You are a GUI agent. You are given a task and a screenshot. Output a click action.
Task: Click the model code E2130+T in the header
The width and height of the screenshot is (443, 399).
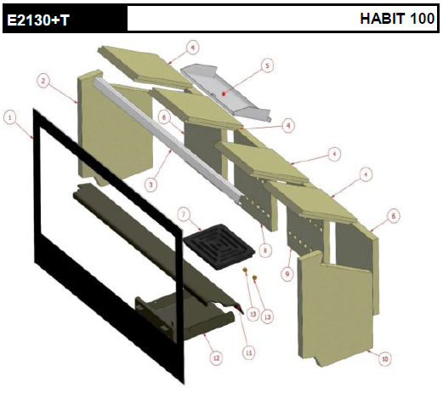click(38, 20)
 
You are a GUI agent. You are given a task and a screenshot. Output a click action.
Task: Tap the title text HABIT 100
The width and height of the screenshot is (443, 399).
click(397, 19)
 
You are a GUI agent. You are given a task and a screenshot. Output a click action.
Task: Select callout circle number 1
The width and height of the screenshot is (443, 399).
click(10, 117)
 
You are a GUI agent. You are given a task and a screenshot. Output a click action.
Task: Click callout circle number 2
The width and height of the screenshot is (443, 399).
click(43, 81)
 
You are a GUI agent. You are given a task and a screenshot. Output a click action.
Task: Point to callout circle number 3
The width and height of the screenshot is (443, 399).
click(151, 185)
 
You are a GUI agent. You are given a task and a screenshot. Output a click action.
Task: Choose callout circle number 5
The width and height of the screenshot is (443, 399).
click(267, 66)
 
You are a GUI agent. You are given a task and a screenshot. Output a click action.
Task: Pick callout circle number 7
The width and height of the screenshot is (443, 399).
click(184, 214)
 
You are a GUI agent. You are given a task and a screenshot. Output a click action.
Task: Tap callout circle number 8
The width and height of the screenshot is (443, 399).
click(265, 250)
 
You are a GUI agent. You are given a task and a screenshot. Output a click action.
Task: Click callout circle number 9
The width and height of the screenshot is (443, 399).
click(287, 274)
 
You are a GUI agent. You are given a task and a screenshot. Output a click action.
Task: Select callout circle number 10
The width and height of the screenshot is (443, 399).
click(384, 359)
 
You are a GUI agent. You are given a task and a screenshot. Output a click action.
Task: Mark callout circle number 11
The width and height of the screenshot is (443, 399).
click(249, 353)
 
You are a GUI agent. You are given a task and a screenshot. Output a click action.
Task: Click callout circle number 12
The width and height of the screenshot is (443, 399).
click(216, 358)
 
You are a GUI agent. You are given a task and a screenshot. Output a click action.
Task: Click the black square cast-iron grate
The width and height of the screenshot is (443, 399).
click(219, 247)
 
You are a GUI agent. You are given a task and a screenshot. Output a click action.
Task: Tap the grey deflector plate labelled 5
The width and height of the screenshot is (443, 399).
click(225, 92)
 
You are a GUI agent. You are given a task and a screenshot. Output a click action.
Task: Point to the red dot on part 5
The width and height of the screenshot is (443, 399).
click(224, 94)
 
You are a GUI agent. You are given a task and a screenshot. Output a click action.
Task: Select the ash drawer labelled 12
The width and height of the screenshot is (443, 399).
click(185, 317)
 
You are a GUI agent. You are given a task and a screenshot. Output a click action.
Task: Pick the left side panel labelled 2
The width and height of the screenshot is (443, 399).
click(115, 128)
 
